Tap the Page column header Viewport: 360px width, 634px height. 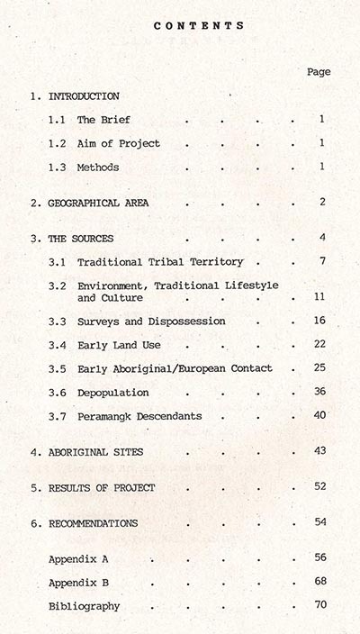point(318,71)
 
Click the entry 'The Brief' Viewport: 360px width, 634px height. point(99,120)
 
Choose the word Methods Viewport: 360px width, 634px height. point(98,168)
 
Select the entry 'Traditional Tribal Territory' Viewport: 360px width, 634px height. point(160,262)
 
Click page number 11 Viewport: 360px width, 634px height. point(319,296)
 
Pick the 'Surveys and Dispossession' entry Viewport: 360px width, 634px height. point(151,322)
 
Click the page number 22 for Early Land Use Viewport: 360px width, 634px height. point(319,345)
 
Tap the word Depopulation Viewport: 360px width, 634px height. point(113,393)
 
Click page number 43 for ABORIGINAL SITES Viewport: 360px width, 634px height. point(319,450)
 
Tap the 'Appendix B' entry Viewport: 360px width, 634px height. point(80,582)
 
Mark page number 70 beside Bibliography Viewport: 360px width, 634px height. point(319,605)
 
